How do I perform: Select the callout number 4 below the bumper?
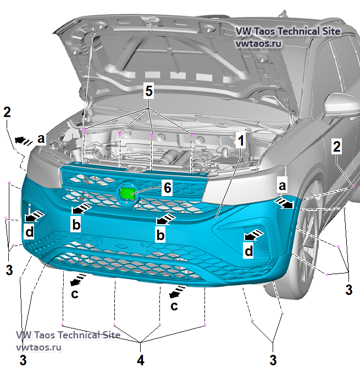click(x=141, y=360)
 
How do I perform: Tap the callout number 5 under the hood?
click(x=149, y=91)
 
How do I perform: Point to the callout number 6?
click(x=167, y=187)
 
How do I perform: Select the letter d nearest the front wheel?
click(x=249, y=251)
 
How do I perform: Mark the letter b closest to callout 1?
click(x=160, y=236)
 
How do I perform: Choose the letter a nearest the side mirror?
click(x=282, y=187)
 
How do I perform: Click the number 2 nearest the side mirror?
click(x=337, y=147)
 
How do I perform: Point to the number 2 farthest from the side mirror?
click(x=7, y=112)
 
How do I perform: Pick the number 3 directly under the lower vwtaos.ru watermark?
click(x=23, y=360)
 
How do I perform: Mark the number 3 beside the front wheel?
click(x=348, y=290)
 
